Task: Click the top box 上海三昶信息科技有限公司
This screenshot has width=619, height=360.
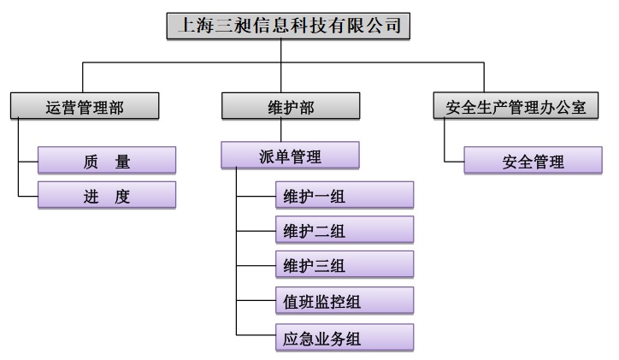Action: [x=287, y=27]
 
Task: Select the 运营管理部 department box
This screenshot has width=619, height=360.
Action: [x=84, y=107]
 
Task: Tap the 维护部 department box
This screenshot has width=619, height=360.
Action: [x=290, y=107]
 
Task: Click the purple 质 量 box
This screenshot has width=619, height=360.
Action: [x=107, y=161]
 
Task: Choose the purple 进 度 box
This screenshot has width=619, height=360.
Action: [x=107, y=196]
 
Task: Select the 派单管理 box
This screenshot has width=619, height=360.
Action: [x=290, y=156]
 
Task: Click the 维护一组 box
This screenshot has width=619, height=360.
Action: [x=344, y=196]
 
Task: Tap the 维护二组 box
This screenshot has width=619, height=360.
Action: [x=344, y=231]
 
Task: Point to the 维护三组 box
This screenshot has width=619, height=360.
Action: [x=344, y=265]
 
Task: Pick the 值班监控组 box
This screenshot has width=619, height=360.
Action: [x=344, y=301]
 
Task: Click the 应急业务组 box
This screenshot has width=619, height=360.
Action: [x=344, y=338]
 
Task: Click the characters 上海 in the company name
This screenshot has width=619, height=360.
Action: [x=192, y=27]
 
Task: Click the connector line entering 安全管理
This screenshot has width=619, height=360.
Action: [x=454, y=161]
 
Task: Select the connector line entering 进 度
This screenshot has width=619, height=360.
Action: [x=28, y=197]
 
